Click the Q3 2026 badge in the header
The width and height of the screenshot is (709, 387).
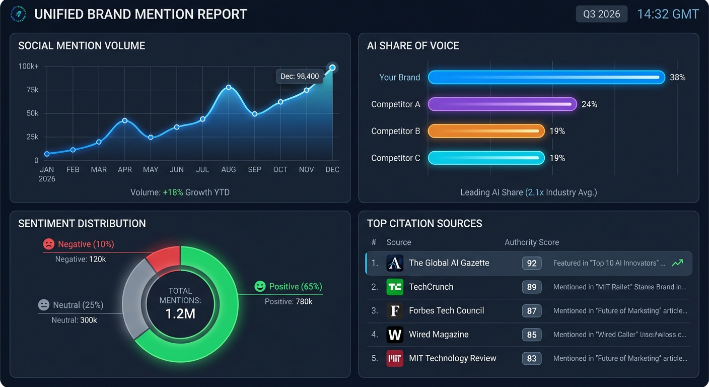(x=601, y=14)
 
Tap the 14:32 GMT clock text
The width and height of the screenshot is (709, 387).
(x=668, y=14)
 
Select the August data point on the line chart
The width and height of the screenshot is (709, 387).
(x=229, y=87)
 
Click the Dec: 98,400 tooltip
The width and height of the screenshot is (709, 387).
(x=300, y=77)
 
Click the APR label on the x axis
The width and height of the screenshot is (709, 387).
(x=125, y=170)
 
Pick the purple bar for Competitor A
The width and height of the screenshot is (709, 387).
(x=502, y=104)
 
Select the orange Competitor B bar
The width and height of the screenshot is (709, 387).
(x=486, y=131)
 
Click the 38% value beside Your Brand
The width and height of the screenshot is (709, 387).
(x=677, y=78)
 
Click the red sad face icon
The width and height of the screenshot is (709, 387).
(x=48, y=244)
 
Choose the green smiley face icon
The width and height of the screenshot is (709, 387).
(x=260, y=287)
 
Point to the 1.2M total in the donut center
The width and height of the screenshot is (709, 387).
(x=180, y=314)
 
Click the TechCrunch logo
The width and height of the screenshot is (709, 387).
(x=395, y=287)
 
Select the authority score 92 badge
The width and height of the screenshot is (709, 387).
(x=532, y=263)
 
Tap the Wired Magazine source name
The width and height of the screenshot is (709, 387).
(x=439, y=335)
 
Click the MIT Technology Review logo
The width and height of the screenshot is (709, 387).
(x=395, y=358)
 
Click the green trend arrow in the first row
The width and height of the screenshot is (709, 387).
(x=677, y=263)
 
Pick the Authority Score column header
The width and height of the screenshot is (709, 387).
(x=532, y=242)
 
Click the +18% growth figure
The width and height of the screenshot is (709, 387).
(x=173, y=192)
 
